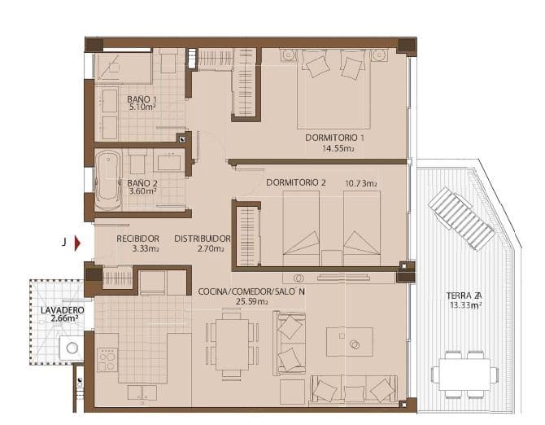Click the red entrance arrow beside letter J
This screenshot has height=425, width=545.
77,242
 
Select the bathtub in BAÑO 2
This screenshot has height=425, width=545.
106,178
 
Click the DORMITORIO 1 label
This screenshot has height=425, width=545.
334,138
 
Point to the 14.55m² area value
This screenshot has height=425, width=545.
338,149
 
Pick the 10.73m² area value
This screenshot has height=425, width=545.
360,184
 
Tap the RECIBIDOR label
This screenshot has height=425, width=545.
137,239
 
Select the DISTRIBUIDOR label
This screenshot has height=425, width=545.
203,239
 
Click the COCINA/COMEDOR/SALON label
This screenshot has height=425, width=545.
251,291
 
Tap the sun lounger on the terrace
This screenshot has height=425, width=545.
461,218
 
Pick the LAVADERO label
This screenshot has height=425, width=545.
58,310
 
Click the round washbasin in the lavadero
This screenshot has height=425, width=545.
72,348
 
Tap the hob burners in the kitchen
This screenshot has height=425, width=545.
107,359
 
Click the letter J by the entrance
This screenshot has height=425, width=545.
63,242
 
